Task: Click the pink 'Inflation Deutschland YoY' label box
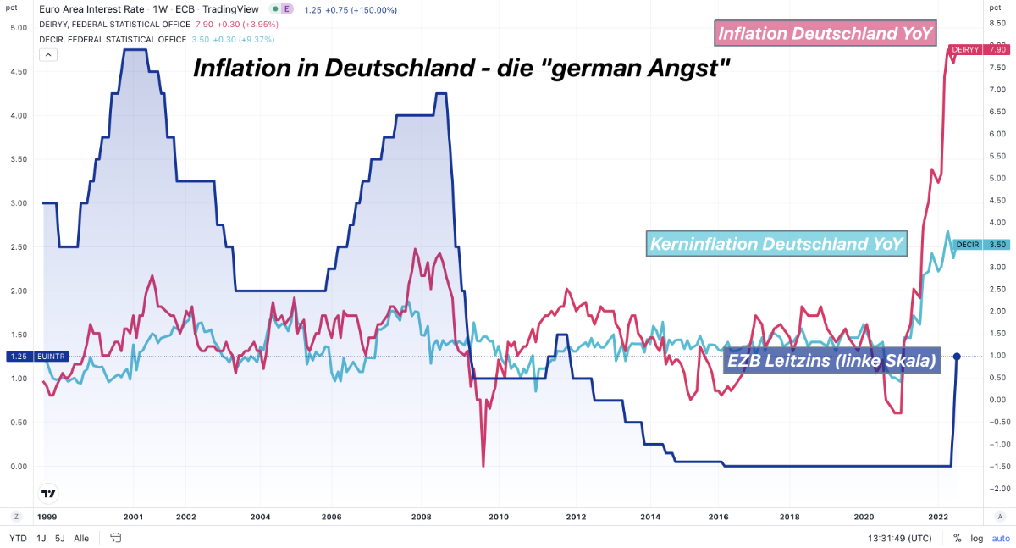point(825,33)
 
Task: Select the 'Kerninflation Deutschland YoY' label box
point(776,244)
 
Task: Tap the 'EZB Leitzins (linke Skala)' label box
point(832,361)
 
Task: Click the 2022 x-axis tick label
point(937,516)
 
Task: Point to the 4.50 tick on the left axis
point(18,71)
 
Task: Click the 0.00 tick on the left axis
point(18,467)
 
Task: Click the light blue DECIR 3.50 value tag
point(980,245)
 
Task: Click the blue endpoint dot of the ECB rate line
point(957,357)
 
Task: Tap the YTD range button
point(17,538)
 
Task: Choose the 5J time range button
point(59,538)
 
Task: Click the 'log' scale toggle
point(976,538)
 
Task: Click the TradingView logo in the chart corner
point(49,494)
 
